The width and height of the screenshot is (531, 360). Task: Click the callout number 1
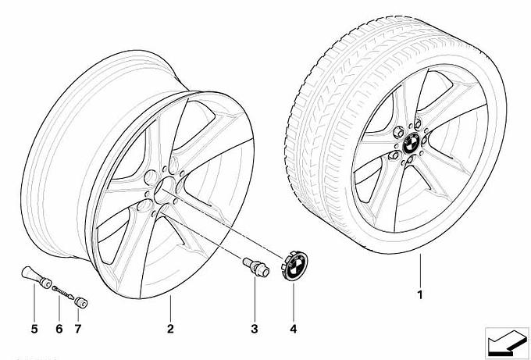420,295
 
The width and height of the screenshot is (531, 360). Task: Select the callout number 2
170,329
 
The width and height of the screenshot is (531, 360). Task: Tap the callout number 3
255,329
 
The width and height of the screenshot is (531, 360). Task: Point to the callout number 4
294,329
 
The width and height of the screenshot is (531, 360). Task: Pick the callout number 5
34,329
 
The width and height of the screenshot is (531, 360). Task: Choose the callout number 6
59,329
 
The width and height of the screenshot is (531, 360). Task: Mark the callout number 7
78,329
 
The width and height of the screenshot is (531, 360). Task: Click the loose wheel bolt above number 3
255,266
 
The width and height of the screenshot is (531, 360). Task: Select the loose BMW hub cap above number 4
294,265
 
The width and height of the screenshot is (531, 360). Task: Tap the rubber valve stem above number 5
36,277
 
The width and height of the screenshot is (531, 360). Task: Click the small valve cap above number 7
81,302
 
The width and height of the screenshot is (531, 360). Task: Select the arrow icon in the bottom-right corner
507,343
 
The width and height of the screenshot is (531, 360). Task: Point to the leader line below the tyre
420,270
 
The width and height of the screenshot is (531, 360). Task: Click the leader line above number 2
170,308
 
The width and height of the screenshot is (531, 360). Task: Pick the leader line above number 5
34,302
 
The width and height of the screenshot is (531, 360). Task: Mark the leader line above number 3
255,298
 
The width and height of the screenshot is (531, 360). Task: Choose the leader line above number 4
294,301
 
